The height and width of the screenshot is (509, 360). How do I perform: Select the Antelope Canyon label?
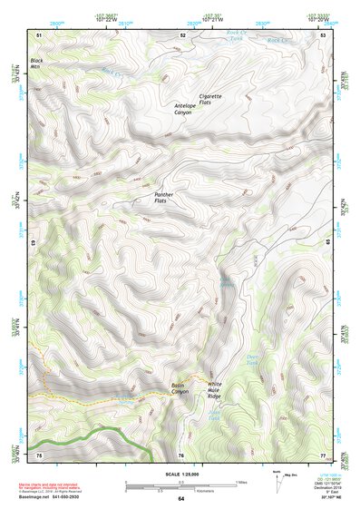pos(190,108)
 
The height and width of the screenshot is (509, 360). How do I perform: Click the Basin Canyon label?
pos(184,388)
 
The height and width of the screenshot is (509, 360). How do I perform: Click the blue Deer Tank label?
pos(255,358)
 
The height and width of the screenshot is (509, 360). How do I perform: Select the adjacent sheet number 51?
pos(39,34)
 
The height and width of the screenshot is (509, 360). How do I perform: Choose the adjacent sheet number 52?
pos(182,34)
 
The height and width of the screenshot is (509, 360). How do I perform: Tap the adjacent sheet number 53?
pos(324,34)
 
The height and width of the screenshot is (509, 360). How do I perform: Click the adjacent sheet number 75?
pos(39,455)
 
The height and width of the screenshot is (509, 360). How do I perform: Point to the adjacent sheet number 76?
pos(180,455)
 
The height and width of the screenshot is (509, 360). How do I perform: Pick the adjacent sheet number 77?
pos(323,455)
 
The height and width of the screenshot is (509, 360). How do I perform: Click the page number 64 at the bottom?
pos(180,498)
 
